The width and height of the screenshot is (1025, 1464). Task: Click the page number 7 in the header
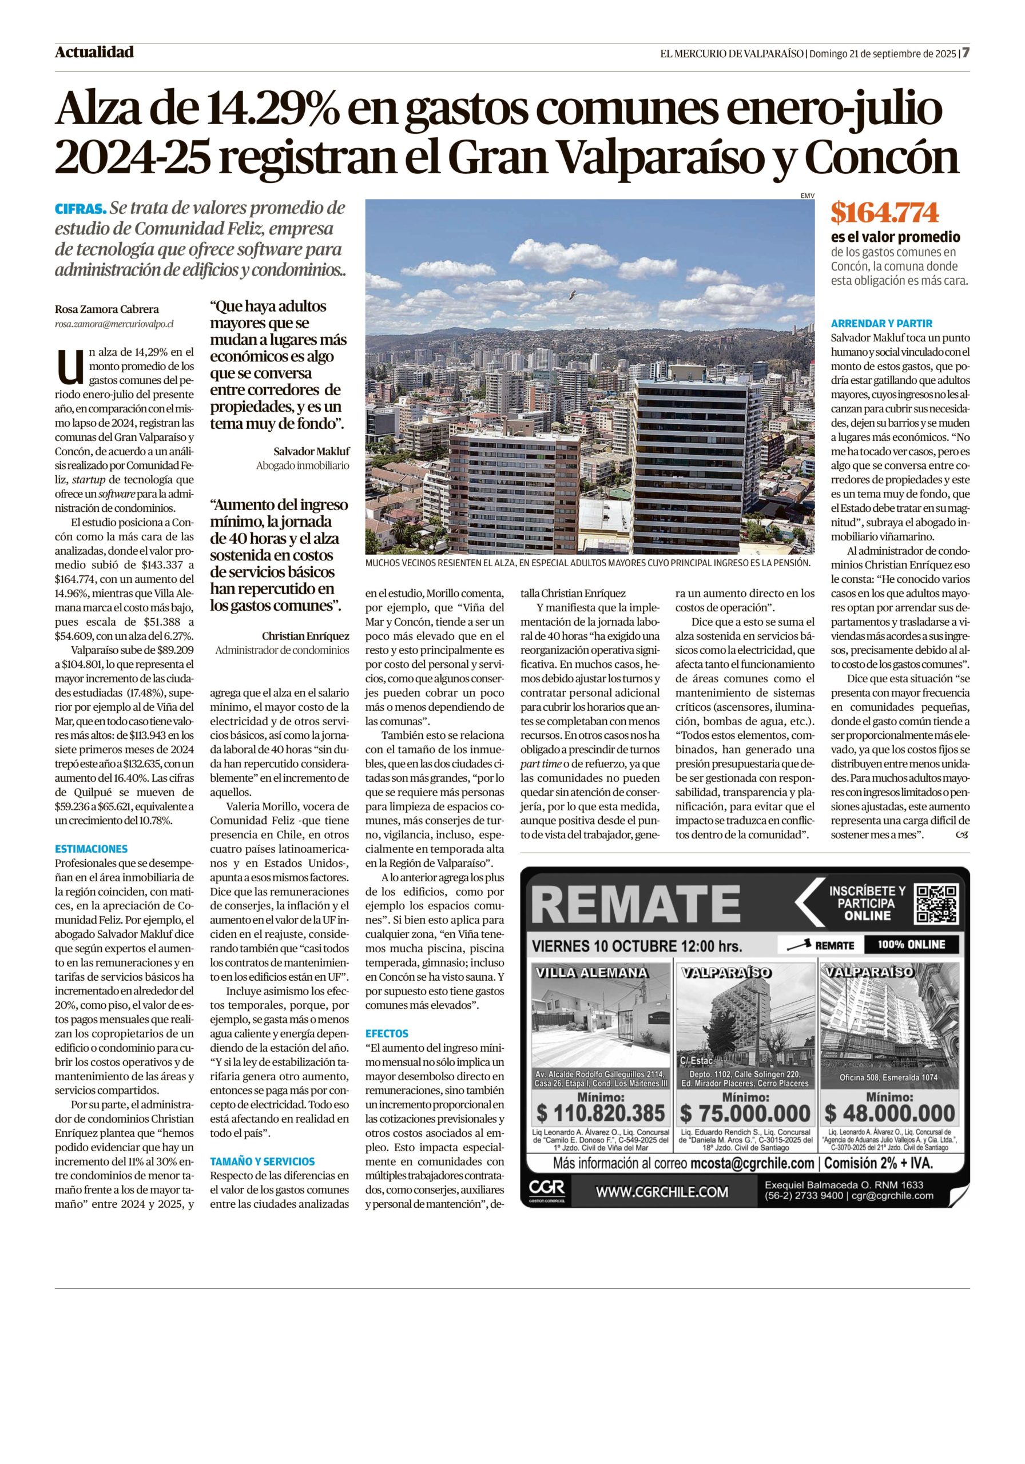click(x=966, y=52)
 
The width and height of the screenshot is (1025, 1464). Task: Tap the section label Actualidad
click(x=94, y=52)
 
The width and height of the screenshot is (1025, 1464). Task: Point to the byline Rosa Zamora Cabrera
click(x=107, y=309)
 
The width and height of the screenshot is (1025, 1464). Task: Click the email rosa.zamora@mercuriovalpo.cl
click(x=114, y=324)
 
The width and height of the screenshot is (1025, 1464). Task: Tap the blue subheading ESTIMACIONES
click(x=91, y=849)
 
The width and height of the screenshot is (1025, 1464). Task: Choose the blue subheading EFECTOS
click(x=387, y=1033)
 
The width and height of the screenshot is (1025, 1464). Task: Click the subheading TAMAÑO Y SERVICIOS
click(x=263, y=1161)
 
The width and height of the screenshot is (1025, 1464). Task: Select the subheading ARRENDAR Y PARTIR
click(x=872, y=323)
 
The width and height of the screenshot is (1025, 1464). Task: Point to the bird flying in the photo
click(x=572, y=295)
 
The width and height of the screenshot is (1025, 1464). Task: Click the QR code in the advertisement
click(x=936, y=904)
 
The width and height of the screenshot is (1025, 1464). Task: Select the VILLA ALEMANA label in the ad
click(x=592, y=973)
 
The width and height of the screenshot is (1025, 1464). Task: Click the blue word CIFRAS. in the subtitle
click(x=81, y=209)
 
